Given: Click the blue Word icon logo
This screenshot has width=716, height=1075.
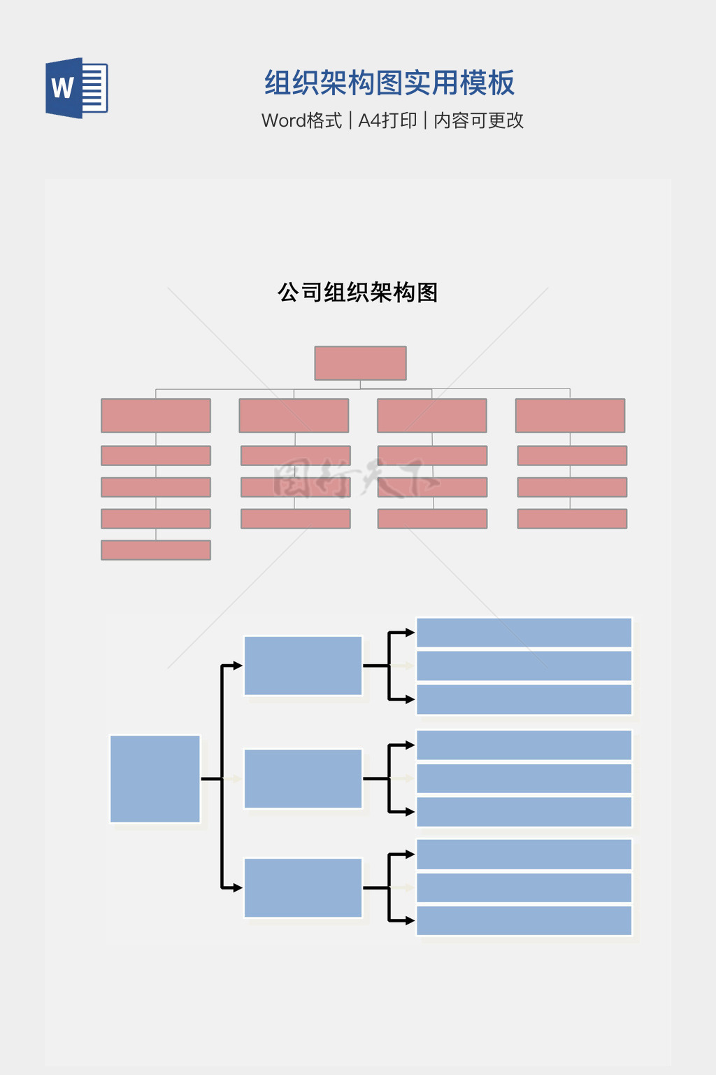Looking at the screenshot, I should pyautogui.click(x=76, y=88).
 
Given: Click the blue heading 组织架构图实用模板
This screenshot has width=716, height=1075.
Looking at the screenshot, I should pyautogui.click(x=389, y=83).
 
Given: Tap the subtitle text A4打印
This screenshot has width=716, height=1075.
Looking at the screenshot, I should pyautogui.click(x=387, y=120).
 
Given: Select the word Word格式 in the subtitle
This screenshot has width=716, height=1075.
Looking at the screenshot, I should pyautogui.click(x=301, y=120).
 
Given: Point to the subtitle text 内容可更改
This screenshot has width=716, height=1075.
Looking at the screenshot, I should pyautogui.click(x=478, y=120).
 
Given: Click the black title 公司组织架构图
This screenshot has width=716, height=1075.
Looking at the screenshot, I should pyautogui.click(x=357, y=293).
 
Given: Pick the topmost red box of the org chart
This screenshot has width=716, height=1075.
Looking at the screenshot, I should pyautogui.click(x=360, y=363).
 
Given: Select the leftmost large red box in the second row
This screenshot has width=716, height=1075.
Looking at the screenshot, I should pyautogui.click(x=156, y=416).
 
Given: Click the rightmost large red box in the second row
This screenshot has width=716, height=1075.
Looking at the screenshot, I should pyautogui.click(x=570, y=416).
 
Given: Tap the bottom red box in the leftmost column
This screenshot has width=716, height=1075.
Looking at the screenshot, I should pyautogui.click(x=156, y=550).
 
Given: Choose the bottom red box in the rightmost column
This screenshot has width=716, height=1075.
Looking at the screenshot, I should pyautogui.click(x=572, y=519).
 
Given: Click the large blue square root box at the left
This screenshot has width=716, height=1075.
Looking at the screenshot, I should pyautogui.click(x=155, y=779).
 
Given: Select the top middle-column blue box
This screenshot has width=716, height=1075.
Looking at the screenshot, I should pyautogui.click(x=303, y=666).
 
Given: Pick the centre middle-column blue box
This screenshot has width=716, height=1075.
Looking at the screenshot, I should pyautogui.click(x=303, y=778).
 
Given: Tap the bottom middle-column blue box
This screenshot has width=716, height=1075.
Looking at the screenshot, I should pyautogui.click(x=303, y=887).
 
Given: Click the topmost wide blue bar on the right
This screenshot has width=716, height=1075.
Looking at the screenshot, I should pyautogui.click(x=524, y=633).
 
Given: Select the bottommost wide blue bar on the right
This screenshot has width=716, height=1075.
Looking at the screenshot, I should pyautogui.click(x=524, y=920).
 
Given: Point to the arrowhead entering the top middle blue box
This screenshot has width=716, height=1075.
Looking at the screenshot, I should pyautogui.click(x=238, y=666).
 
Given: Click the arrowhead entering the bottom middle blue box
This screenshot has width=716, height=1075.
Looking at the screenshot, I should pyautogui.click(x=238, y=887).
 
